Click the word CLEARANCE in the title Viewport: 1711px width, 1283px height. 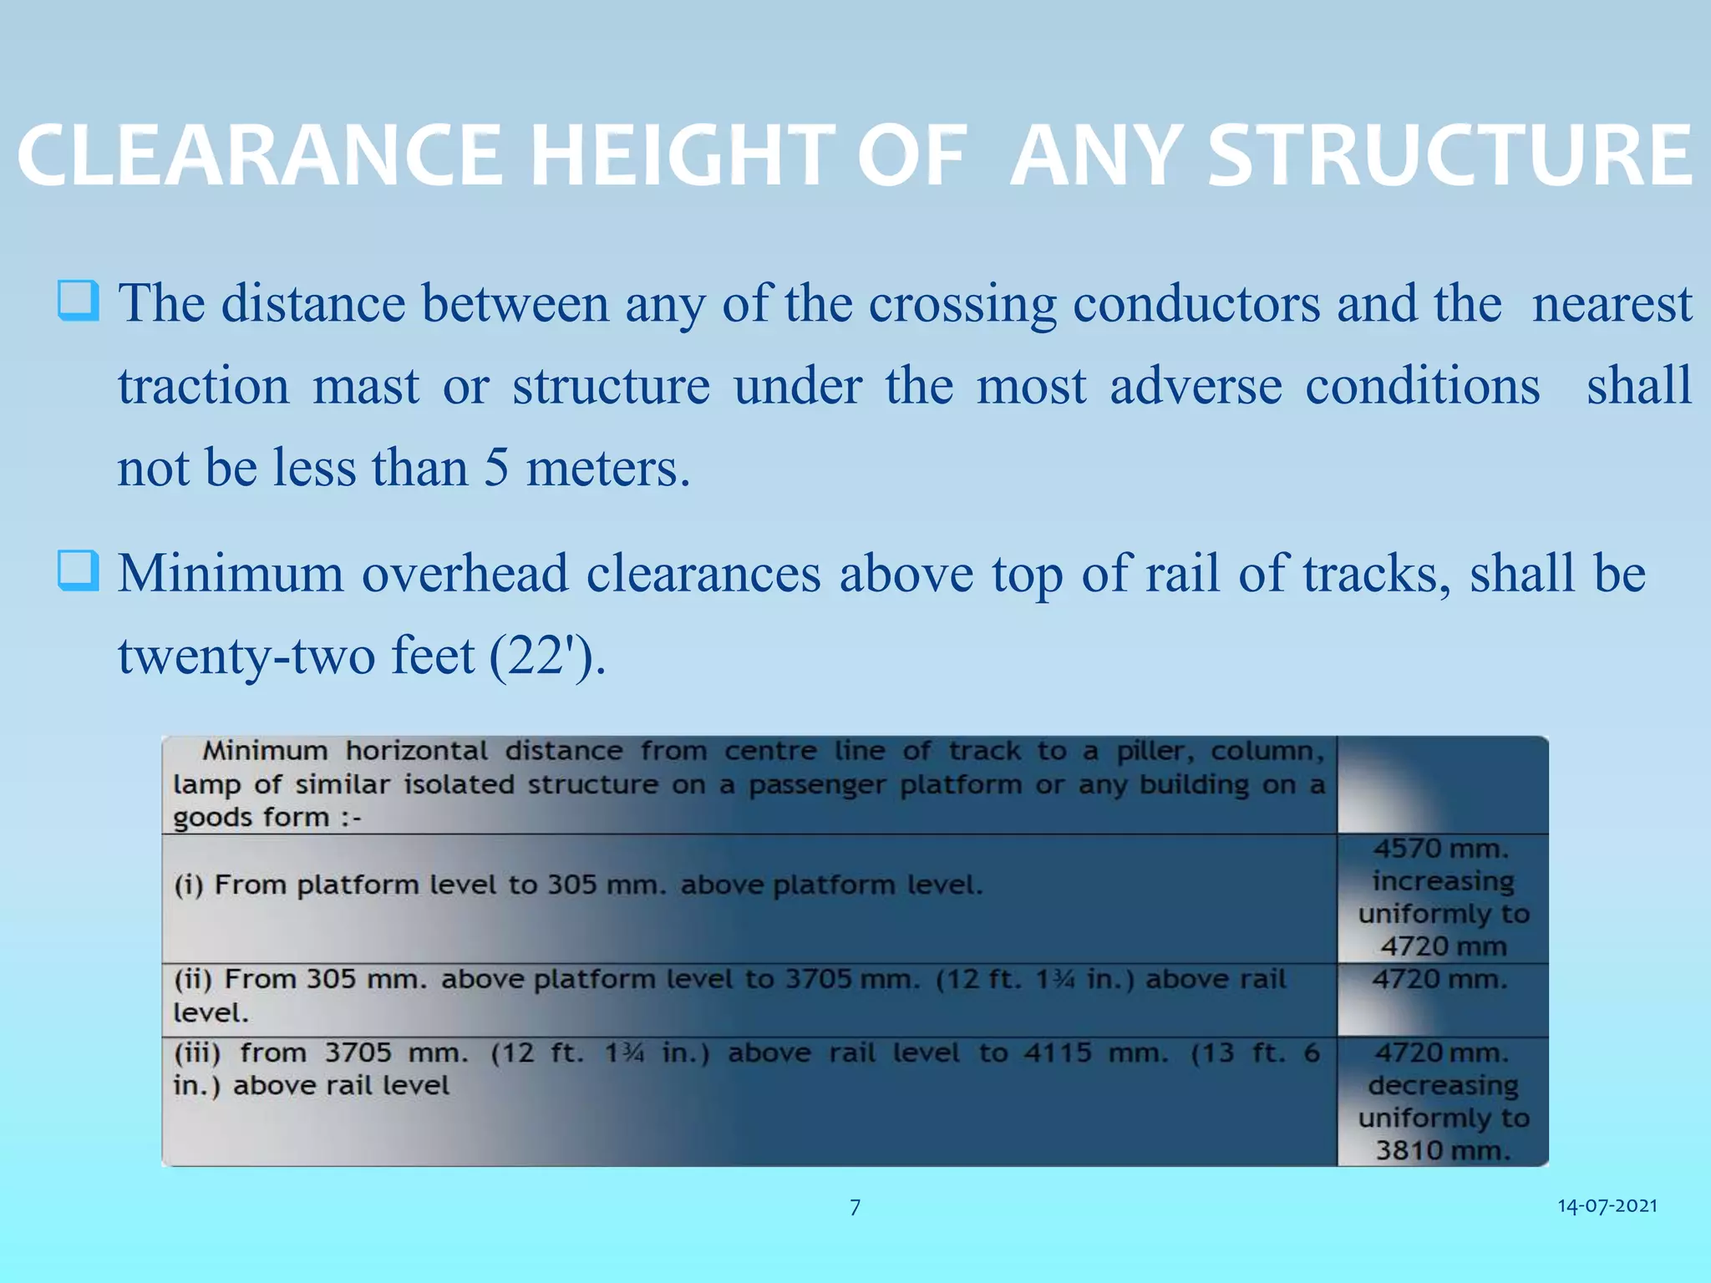tap(259, 156)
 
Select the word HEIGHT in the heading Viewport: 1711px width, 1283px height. tap(682, 156)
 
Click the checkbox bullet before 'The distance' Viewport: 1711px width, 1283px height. tap(79, 302)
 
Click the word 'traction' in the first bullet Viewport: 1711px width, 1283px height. tap(203, 386)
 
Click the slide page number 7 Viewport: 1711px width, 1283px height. tap(855, 1207)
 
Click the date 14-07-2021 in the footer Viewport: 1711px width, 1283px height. tap(1607, 1205)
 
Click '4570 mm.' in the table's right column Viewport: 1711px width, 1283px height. tap(1442, 849)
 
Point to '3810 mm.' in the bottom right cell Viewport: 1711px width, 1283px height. tap(1444, 1150)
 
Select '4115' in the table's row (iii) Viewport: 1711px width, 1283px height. tap(1058, 1052)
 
